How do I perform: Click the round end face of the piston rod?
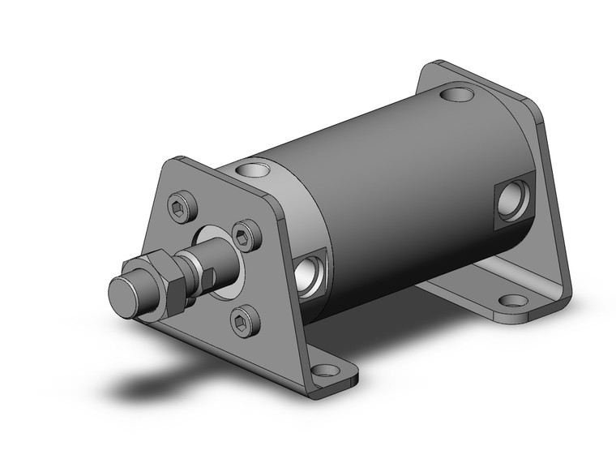point(126,291)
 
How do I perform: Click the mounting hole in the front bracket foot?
point(325,371)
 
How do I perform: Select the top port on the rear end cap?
point(458,95)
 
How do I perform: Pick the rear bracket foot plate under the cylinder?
point(462,292)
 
